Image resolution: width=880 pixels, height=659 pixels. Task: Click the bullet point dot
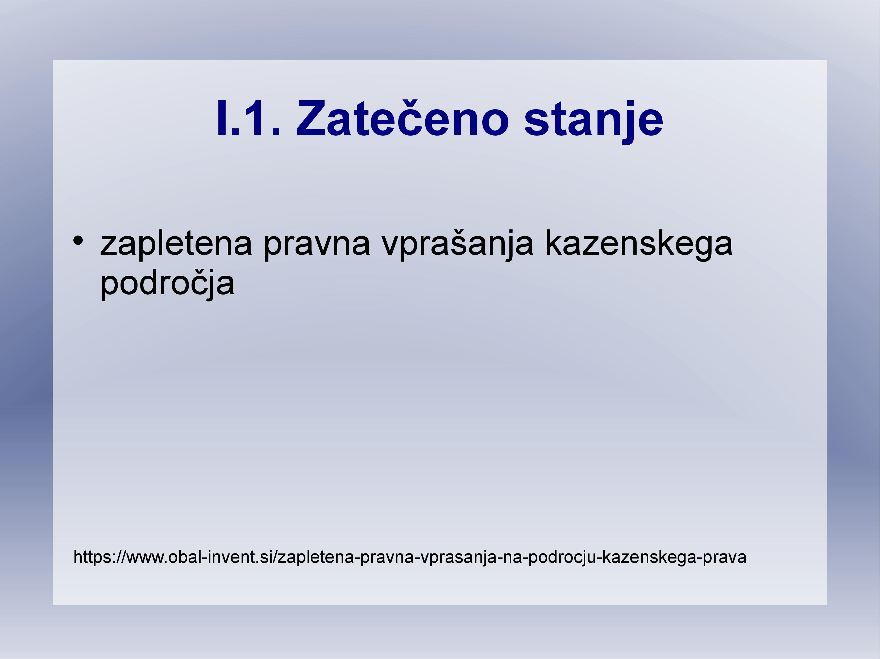tap(78, 241)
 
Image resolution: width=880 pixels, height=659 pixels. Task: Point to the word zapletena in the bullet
tap(176, 245)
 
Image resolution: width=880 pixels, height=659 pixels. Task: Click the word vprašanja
tap(458, 245)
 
